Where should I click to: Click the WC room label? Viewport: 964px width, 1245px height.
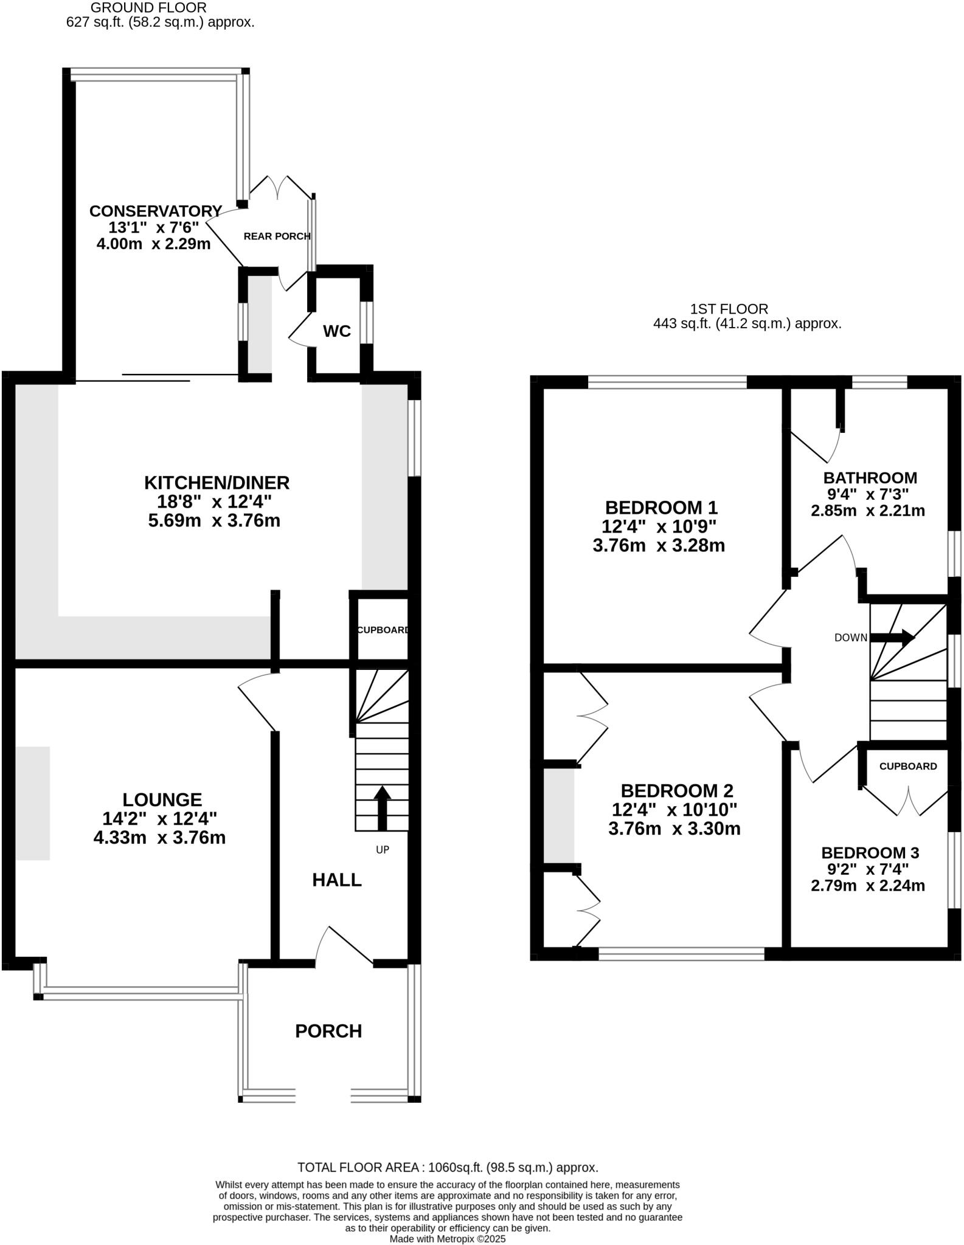[x=336, y=331]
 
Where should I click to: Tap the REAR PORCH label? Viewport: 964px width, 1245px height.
[x=277, y=236]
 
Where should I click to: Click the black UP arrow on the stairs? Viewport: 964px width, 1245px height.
[x=382, y=808]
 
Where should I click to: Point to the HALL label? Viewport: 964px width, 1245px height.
[x=337, y=880]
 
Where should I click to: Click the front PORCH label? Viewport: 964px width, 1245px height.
[x=328, y=1031]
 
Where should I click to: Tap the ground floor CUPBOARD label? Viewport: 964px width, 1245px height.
[x=383, y=630]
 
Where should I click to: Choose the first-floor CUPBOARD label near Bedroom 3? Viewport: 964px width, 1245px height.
[x=907, y=766]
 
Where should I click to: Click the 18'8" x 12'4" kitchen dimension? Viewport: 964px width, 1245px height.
[x=217, y=502]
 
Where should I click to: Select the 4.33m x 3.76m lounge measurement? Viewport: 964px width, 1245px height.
[x=159, y=838]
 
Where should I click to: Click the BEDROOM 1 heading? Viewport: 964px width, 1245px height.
[x=661, y=507]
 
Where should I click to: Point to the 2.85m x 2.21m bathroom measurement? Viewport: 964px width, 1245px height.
[x=868, y=511]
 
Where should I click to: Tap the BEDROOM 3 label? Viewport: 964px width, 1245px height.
[x=870, y=853]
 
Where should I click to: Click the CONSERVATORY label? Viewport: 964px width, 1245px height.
[x=156, y=211]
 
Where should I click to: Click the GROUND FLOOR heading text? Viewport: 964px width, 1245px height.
[x=148, y=8]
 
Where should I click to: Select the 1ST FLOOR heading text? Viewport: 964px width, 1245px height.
[x=729, y=309]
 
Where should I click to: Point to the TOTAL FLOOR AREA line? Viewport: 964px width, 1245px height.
[x=448, y=1167]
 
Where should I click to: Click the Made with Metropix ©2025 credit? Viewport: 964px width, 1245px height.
[x=448, y=1238]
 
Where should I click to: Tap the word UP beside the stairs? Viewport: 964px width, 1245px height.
[x=382, y=850]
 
